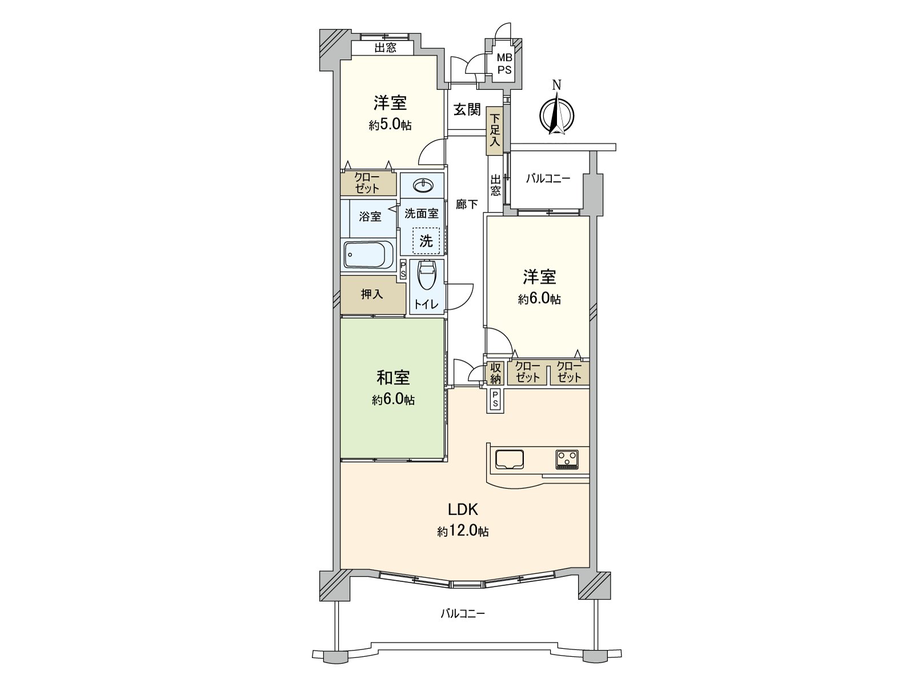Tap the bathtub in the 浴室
pyautogui.click(x=368, y=254)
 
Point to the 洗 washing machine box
pyautogui.click(x=426, y=240)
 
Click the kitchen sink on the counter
pyautogui.click(x=509, y=460)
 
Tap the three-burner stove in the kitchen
pyautogui.click(x=567, y=460)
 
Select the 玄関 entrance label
pyautogui.click(x=467, y=110)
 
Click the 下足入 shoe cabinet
pyautogui.click(x=494, y=130)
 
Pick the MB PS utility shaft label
pyautogui.click(x=504, y=64)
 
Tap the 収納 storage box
pyautogui.click(x=495, y=373)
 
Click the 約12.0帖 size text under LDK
pyautogui.click(x=463, y=531)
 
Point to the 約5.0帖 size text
pyautogui.click(x=390, y=125)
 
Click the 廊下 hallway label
pyautogui.click(x=466, y=204)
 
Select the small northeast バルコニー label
pyautogui.click(x=548, y=179)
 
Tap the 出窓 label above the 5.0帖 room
pyautogui.click(x=385, y=48)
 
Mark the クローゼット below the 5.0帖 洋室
pyautogui.click(x=367, y=184)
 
